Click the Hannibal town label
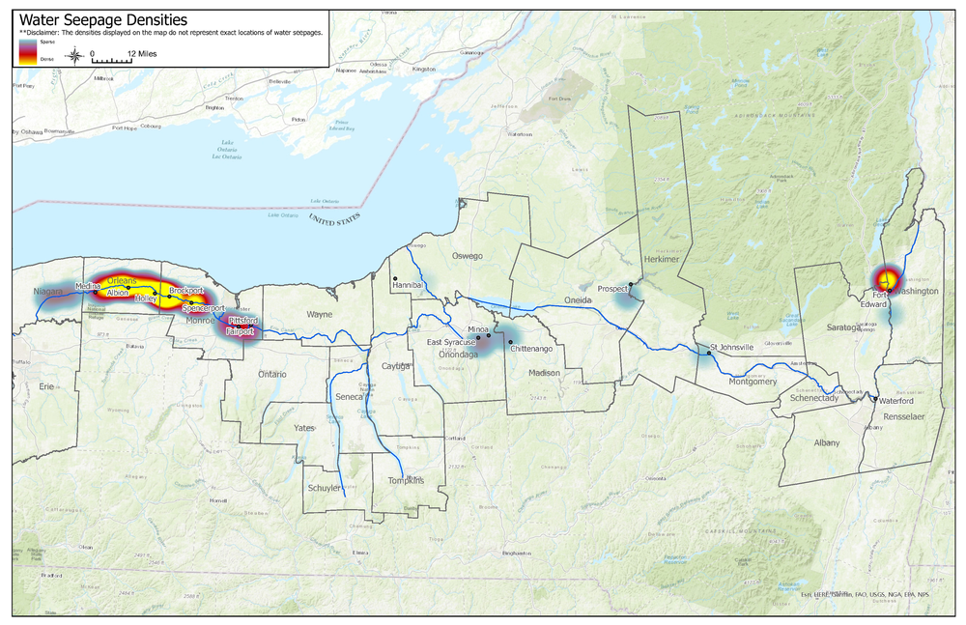pyautogui.click(x=410, y=287)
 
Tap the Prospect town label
pyautogui.click(x=612, y=289)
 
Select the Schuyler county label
pyautogui.click(x=324, y=489)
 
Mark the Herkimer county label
pyautogui.click(x=663, y=260)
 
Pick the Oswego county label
pyautogui.click(x=467, y=256)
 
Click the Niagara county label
pyautogui.click(x=45, y=291)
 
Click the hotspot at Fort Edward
pyautogui.click(x=885, y=279)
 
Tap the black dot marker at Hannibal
pyautogui.click(x=394, y=280)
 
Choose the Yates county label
pyautogui.click(x=304, y=427)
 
